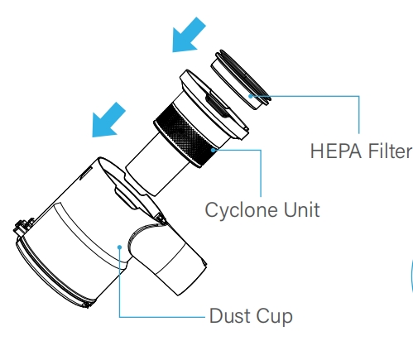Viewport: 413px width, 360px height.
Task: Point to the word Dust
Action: [x=230, y=315]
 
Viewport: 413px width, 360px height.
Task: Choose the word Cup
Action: [x=274, y=317]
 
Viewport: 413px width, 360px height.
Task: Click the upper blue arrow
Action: [x=189, y=35]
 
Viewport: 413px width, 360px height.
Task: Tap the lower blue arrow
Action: [x=108, y=120]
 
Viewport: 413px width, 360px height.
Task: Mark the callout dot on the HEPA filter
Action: [x=250, y=96]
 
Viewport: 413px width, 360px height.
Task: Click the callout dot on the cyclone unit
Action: [x=213, y=150]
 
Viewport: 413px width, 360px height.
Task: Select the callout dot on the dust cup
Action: [x=119, y=247]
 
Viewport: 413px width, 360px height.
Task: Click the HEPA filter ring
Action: [x=241, y=79]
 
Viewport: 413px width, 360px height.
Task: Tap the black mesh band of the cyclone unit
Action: [x=184, y=136]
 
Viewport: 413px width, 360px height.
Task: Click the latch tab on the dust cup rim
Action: [x=127, y=197]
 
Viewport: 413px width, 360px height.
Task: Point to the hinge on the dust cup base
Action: [x=23, y=227]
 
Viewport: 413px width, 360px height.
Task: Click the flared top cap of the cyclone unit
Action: [x=214, y=105]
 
